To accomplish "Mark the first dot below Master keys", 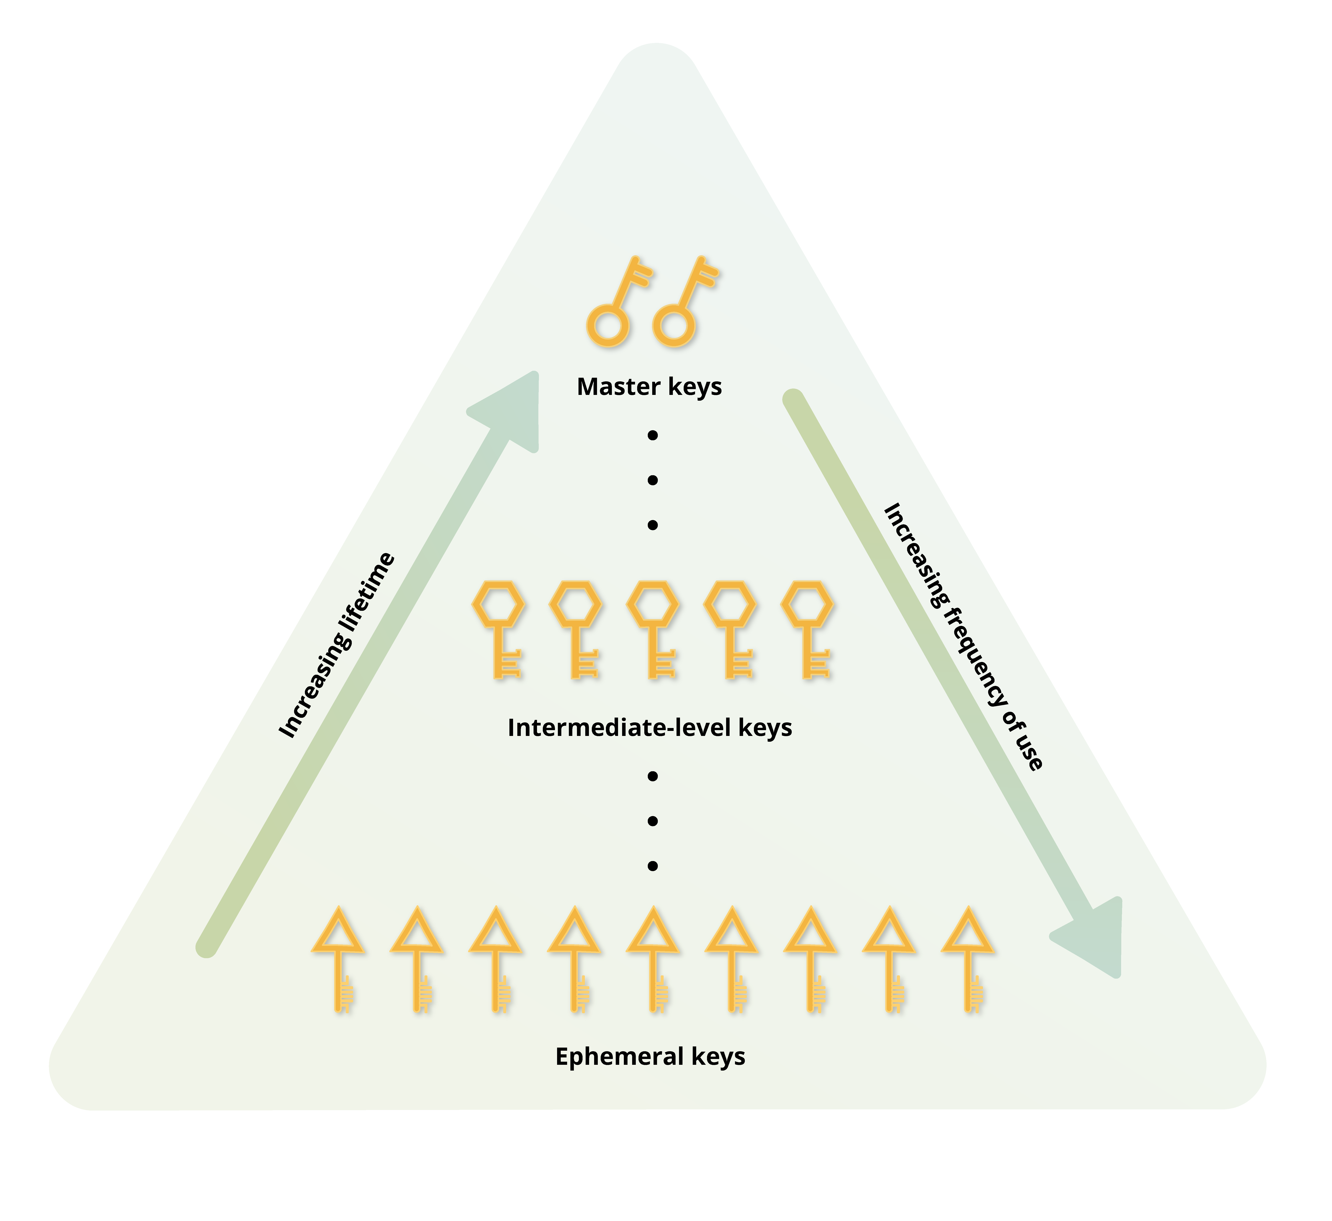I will click(x=653, y=436).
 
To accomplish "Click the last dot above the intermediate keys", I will click(x=653, y=526).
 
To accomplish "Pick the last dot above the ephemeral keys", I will click(x=653, y=866).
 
